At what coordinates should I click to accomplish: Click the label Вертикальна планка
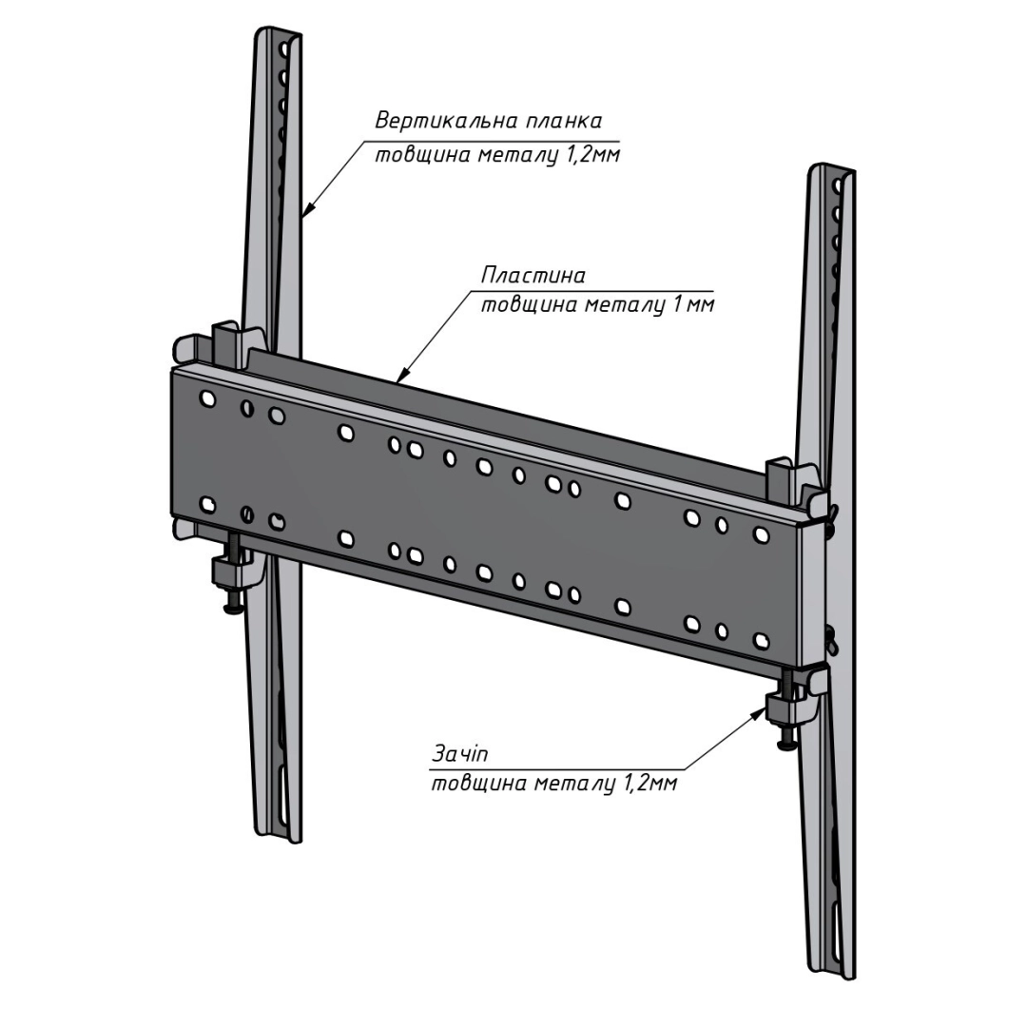coord(488,122)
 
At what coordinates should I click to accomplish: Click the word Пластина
coord(533,276)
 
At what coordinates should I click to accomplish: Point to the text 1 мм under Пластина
coord(687,306)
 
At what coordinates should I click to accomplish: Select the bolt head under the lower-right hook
coord(787,745)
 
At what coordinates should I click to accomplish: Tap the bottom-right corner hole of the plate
coord(761,640)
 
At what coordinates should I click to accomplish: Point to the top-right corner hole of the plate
coord(761,533)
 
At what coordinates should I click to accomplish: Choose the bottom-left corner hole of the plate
coord(207,505)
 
